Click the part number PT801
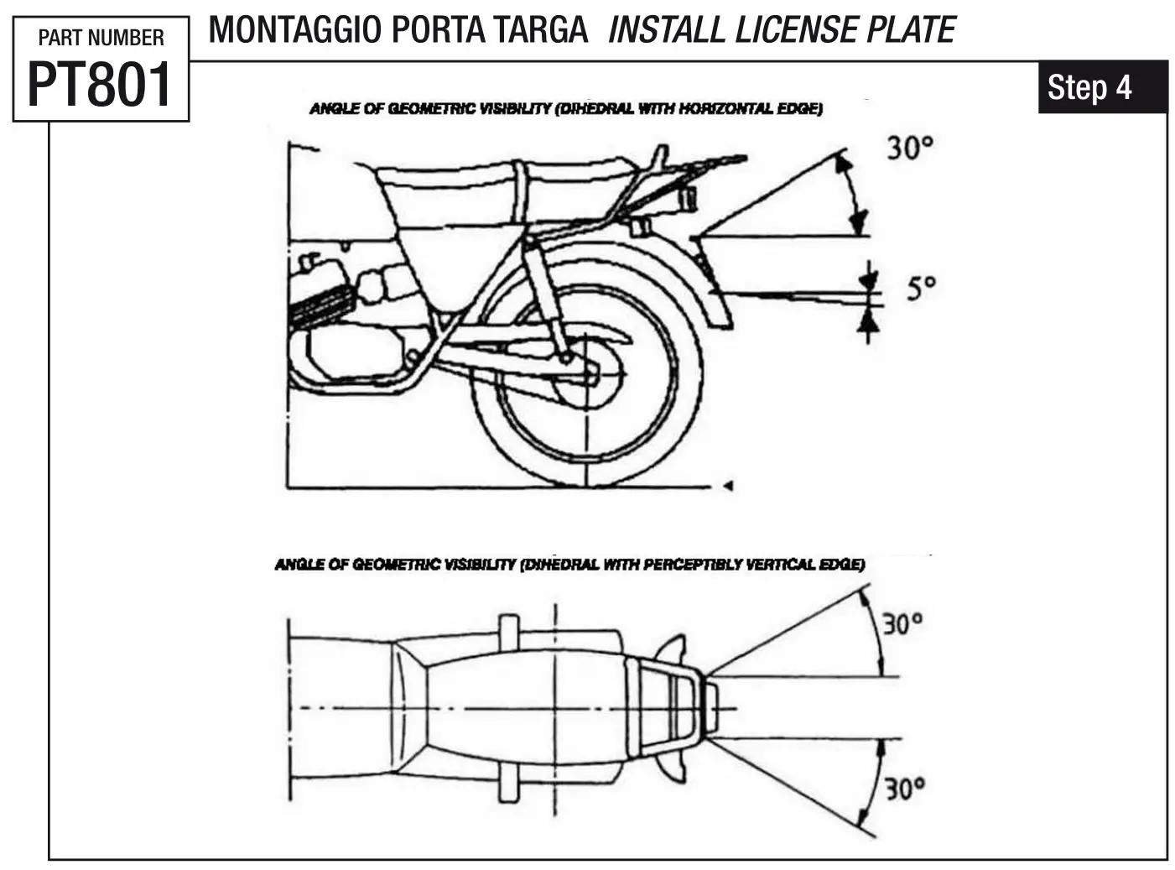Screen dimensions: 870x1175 (x=100, y=85)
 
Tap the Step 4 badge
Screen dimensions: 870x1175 (x=1089, y=87)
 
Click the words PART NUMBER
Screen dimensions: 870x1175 (x=101, y=38)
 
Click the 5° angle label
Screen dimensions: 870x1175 (x=920, y=289)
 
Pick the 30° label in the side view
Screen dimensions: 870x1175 (x=910, y=148)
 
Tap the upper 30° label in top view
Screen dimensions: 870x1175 (x=902, y=624)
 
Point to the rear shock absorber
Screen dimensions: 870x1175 (x=545, y=294)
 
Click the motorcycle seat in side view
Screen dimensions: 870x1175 (x=503, y=180)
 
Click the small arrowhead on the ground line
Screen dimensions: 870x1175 (x=728, y=485)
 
